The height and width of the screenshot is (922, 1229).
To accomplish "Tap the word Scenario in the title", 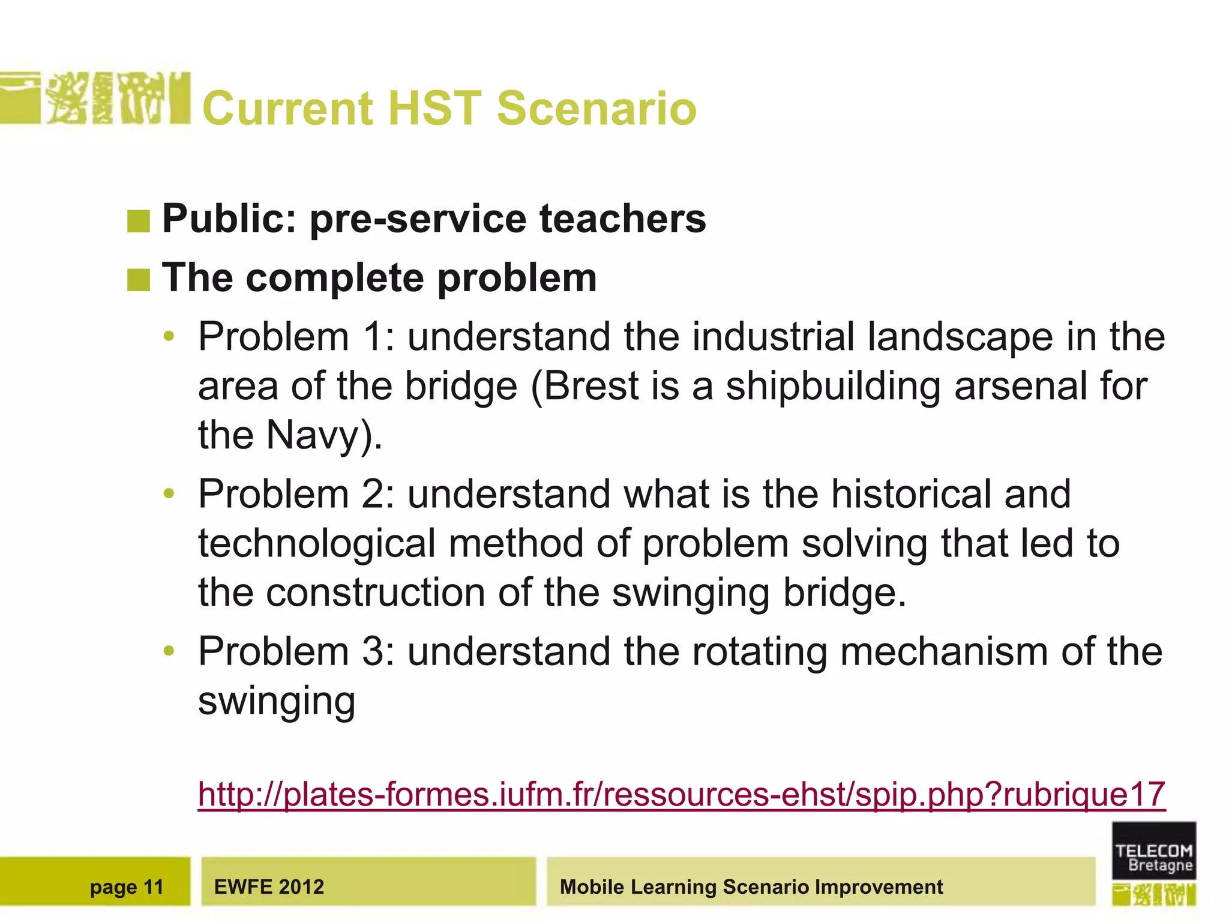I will [x=596, y=109].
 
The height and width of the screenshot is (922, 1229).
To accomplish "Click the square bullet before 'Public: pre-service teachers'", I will [x=139, y=221].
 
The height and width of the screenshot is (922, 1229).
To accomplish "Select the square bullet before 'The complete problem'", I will [x=139, y=280].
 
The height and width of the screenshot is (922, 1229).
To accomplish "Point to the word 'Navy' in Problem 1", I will [x=312, y=436].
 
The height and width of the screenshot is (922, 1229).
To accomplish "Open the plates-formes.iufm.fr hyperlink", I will [x=682, y=794].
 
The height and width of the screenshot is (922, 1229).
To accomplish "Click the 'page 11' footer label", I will [x=127, y=887].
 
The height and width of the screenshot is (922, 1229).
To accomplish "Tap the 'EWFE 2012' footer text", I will [x=269, y=887].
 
